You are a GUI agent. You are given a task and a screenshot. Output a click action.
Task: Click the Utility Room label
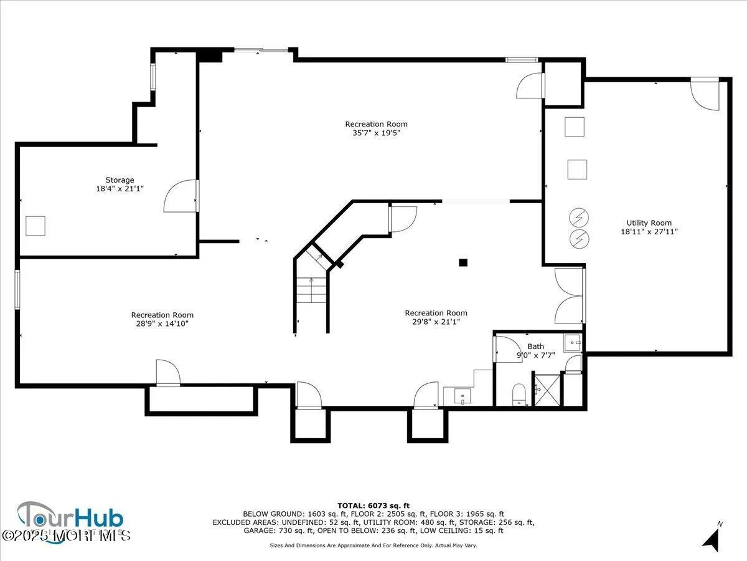(x=649, y=223)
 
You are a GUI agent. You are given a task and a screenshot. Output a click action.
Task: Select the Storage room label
(x=120, y=180)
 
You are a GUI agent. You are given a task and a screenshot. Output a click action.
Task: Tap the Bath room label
(x=535, y=347)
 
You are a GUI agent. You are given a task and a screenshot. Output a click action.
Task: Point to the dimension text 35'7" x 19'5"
(x=376, y=133)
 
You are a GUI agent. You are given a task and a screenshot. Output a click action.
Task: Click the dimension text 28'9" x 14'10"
(x=162, y=324)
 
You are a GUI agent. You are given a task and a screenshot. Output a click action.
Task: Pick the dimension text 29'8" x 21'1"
(x=436, y=322)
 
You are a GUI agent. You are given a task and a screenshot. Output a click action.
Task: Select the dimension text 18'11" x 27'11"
(x=649, y=231)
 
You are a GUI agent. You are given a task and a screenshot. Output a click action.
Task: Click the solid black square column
(x=463, y=263)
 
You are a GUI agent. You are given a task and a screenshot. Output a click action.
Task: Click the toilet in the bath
(x=519, y=395)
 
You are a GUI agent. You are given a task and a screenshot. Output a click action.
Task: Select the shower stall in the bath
(x=547, y=390)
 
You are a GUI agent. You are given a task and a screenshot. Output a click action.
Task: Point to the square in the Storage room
(x=35, y=226)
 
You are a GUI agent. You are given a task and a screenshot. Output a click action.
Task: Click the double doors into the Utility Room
(x=569, y=295)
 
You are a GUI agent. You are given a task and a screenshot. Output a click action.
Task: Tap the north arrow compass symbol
(x=712, y=537)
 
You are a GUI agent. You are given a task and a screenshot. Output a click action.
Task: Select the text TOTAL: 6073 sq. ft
(x=374, y=506)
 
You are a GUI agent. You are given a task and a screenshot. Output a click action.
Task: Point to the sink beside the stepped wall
(x=461, y=395)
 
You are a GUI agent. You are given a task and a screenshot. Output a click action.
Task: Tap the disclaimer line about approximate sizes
(x=374, y=545)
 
